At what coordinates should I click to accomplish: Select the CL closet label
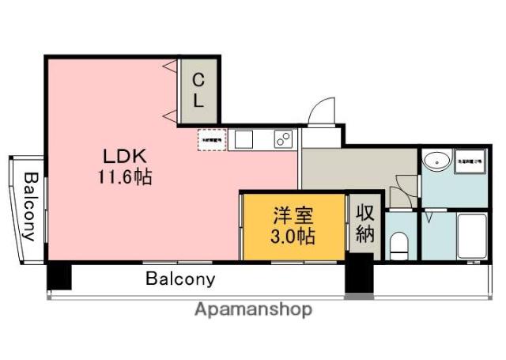(x=198, y=89)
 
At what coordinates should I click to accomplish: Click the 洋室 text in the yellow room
(x=293, y=214)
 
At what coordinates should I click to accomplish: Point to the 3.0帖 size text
(x=293, y=235)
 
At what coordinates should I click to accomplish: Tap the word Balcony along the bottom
(x=180, y=279)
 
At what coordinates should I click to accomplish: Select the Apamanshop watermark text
(x=253, y=309)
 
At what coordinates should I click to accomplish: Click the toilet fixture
(x=399, y=243)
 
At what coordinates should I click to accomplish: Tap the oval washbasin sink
(x=436, y=161)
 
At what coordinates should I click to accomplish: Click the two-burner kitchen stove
(x=282, y=138)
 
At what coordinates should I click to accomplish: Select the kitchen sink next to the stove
(x=243, y=139)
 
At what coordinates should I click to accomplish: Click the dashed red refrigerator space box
(x=211, y=139)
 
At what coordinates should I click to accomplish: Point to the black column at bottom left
(x=59, y=276)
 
